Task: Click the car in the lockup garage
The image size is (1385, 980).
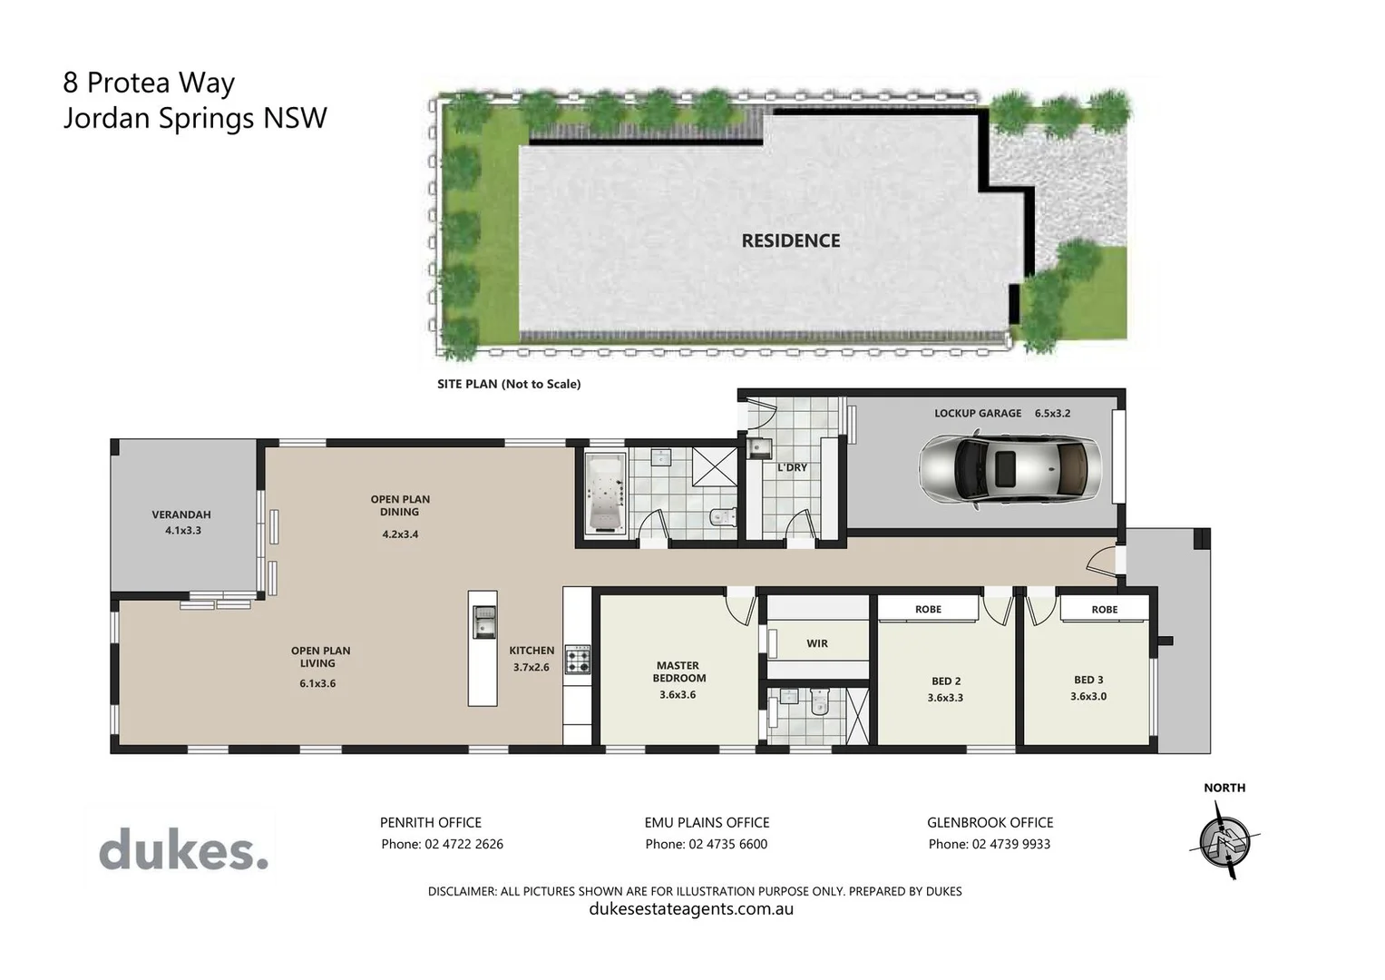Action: click(x=1009, y=468)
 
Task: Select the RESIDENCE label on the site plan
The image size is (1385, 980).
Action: click(x=790, y=240)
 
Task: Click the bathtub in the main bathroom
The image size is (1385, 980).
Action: click(x=605, y=493)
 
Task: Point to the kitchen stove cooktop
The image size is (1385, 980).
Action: click(x=578, y=660)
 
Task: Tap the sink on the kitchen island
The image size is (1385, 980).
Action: click(x=483, y=622)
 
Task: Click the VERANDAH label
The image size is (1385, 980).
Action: click(x=181, y=514)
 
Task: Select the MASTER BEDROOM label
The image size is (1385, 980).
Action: click(x=678, y=671)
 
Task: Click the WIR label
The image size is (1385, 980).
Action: click(x=817, y=643)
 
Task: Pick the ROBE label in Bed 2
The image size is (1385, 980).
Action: click(x=928, y=609)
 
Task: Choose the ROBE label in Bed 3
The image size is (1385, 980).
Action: click(x=1104, y=609)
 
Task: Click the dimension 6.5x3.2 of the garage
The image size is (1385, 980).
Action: click(x=1052, y=413)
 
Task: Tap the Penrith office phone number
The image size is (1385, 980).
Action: click(x=442, y=844)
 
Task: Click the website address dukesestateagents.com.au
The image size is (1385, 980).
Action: click(x=691, y=909)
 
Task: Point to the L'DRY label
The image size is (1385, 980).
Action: click(x=792, y=467)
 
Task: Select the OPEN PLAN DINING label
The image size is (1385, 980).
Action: click(x=400, y=505)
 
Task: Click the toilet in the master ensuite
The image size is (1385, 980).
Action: click(x=819, y=701)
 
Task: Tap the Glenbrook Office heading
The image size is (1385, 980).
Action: click(x=990, y=822)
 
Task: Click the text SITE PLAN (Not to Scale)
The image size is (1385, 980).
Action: click(x=509, y=384)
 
